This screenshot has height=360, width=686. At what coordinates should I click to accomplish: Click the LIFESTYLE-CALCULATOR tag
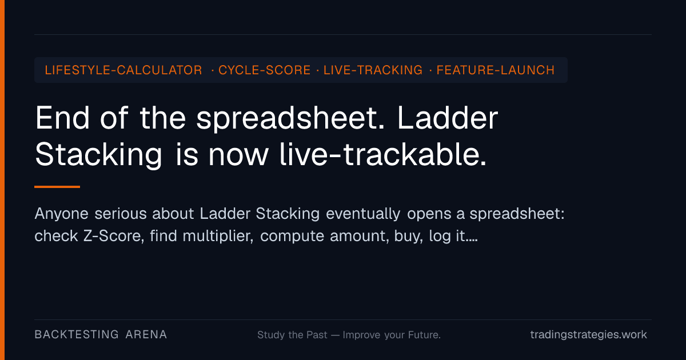coord(123,70)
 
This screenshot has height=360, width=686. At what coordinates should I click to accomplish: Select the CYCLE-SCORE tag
coord(264,70)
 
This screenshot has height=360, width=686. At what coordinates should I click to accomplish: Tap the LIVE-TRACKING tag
coord(373,70)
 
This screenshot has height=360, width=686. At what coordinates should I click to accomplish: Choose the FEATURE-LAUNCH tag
coord(496,70)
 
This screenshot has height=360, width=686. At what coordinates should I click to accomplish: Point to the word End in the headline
coord(62,118)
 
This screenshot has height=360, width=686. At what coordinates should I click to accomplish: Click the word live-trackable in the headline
coord(382,155)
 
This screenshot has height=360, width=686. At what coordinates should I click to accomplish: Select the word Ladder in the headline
coord(448,118)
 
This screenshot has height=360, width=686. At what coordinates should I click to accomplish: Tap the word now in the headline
coord(238,157)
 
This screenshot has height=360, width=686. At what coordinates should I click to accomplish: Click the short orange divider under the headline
coord(57,187)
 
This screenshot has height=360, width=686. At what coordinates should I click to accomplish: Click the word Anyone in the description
coord(62,214)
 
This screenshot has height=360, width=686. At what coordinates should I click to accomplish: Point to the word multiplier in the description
coord(218,236)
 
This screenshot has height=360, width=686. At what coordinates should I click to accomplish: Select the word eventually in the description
coord(363,214)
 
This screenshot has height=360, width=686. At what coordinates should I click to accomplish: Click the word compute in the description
coord(292,237)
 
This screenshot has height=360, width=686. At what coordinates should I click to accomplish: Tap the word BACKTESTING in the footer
coord(77,335)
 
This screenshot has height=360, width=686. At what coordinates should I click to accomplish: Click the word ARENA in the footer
coord(146,335)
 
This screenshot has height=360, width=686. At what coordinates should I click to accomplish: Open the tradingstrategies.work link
coord(589,335)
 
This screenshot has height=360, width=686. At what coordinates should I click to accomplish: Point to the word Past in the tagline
coord(317,335)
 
